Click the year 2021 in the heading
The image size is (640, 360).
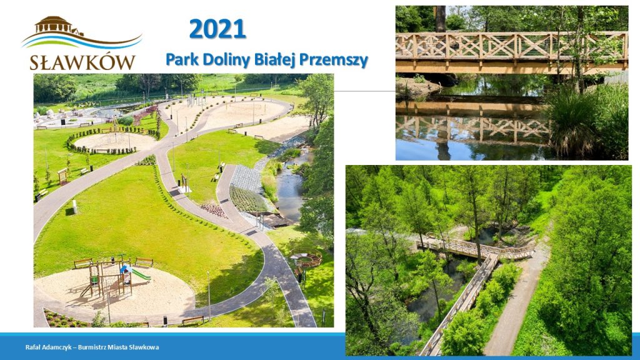coord(217,29)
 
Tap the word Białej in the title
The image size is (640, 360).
coord(275,60)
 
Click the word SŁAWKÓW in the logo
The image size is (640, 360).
coord(82,62)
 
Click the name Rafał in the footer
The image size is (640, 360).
coord(32,347)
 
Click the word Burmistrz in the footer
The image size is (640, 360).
coord(91,347)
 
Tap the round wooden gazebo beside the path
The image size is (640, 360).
coord(306,259)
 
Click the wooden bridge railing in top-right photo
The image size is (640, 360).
coord(511,46)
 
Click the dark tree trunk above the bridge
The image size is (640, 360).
coord(440,19)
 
